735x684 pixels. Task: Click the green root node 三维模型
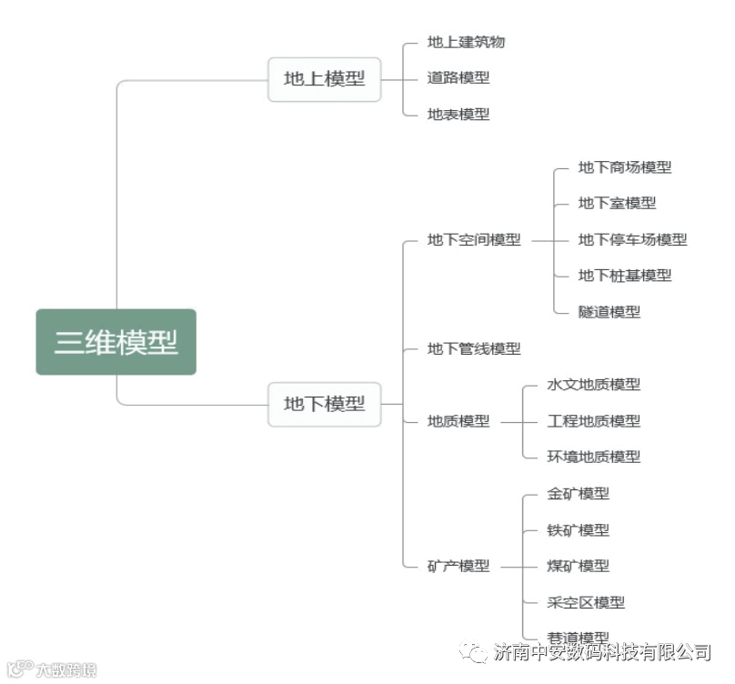pos(116,342)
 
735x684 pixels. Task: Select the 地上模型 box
pos(324,79)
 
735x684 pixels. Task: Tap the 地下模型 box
pos(324,404)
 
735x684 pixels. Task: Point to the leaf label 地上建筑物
pos(466,42)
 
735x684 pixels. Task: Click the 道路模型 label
pos(458,78)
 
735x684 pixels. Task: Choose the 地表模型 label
pos(458,115)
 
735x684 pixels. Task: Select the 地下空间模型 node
pos(474,240)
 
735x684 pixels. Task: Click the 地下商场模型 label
pos(625,167)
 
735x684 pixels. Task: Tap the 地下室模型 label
pos(617,204)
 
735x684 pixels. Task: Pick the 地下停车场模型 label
pos(632,240)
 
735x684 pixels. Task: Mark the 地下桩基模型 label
pos(625,276)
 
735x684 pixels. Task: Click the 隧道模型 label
pos(609,312)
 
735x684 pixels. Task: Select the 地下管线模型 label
pos(474,348)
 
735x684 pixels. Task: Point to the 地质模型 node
pos(458,421)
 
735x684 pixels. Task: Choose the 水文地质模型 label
pos(593,385)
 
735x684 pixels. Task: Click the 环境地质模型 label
pos(593,457)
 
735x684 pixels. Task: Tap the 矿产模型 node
pos(458,566)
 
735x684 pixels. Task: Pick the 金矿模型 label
pos(578,494)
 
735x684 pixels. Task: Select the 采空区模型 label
pos(586,602)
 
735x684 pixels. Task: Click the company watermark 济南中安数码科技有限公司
pos(601,652)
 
